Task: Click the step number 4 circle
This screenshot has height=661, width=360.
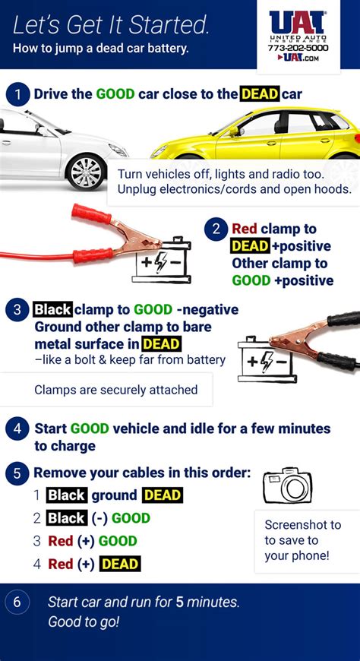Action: coord(17,429)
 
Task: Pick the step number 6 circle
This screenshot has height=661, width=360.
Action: coord(17,602)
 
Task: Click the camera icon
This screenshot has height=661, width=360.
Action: coord(287,485)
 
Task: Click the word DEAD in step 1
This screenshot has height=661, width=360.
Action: coord(259,94)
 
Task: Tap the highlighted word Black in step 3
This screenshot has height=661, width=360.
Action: coord(52,310)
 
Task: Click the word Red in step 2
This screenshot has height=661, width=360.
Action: coord(245,229)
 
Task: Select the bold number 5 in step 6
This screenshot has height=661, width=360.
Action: coord(179,602)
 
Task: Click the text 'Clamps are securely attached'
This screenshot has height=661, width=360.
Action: coord(115,390)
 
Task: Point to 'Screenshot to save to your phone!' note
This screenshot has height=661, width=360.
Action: coord(303,540)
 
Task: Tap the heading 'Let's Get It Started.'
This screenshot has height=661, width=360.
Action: coord(111,26)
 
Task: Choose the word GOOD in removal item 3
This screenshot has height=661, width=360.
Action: coord(118,541)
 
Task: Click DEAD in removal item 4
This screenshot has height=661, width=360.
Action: coord(120,565)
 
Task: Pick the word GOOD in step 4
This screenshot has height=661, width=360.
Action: coord(90,429)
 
